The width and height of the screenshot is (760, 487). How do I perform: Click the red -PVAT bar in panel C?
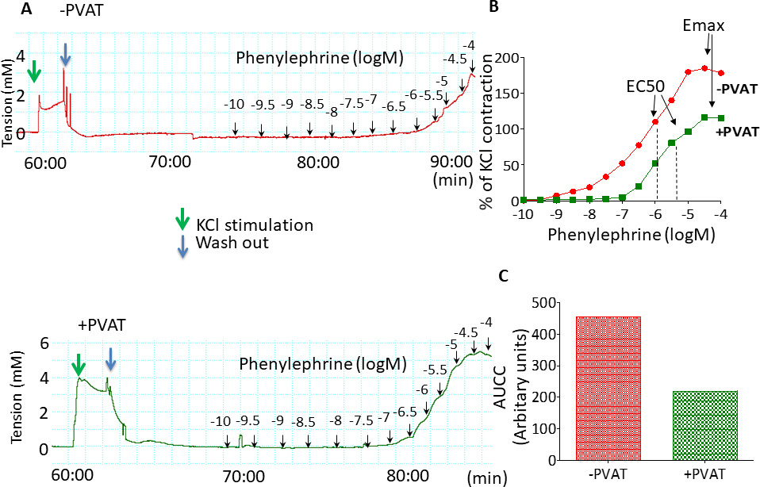click(608, 388)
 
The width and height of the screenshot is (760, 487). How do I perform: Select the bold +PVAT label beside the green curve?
click(738, 131)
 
